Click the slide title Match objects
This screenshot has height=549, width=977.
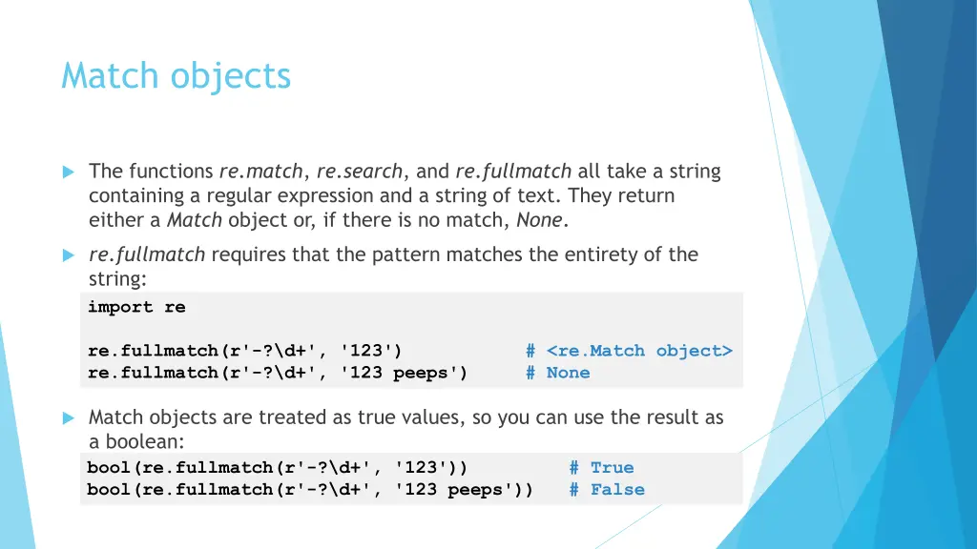(176, 75)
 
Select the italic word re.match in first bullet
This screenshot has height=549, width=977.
(260, 172)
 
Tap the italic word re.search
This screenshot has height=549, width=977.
(360, 172)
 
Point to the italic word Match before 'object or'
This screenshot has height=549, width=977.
(195, 221)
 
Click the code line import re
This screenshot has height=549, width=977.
(136, 307)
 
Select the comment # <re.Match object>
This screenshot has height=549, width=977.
(629, 351)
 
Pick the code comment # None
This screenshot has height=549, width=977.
(558, 373)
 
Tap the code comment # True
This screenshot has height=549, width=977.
(601, 467)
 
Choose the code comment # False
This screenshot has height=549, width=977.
(607, 489)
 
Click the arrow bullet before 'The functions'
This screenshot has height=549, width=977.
(68, 173)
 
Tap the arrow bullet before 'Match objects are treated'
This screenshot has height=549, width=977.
(68, 418)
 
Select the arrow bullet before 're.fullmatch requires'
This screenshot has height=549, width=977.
(68, 255)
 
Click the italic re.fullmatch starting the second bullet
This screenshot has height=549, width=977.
(147, 254)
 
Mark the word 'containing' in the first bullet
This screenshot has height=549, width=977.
(135, 196)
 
